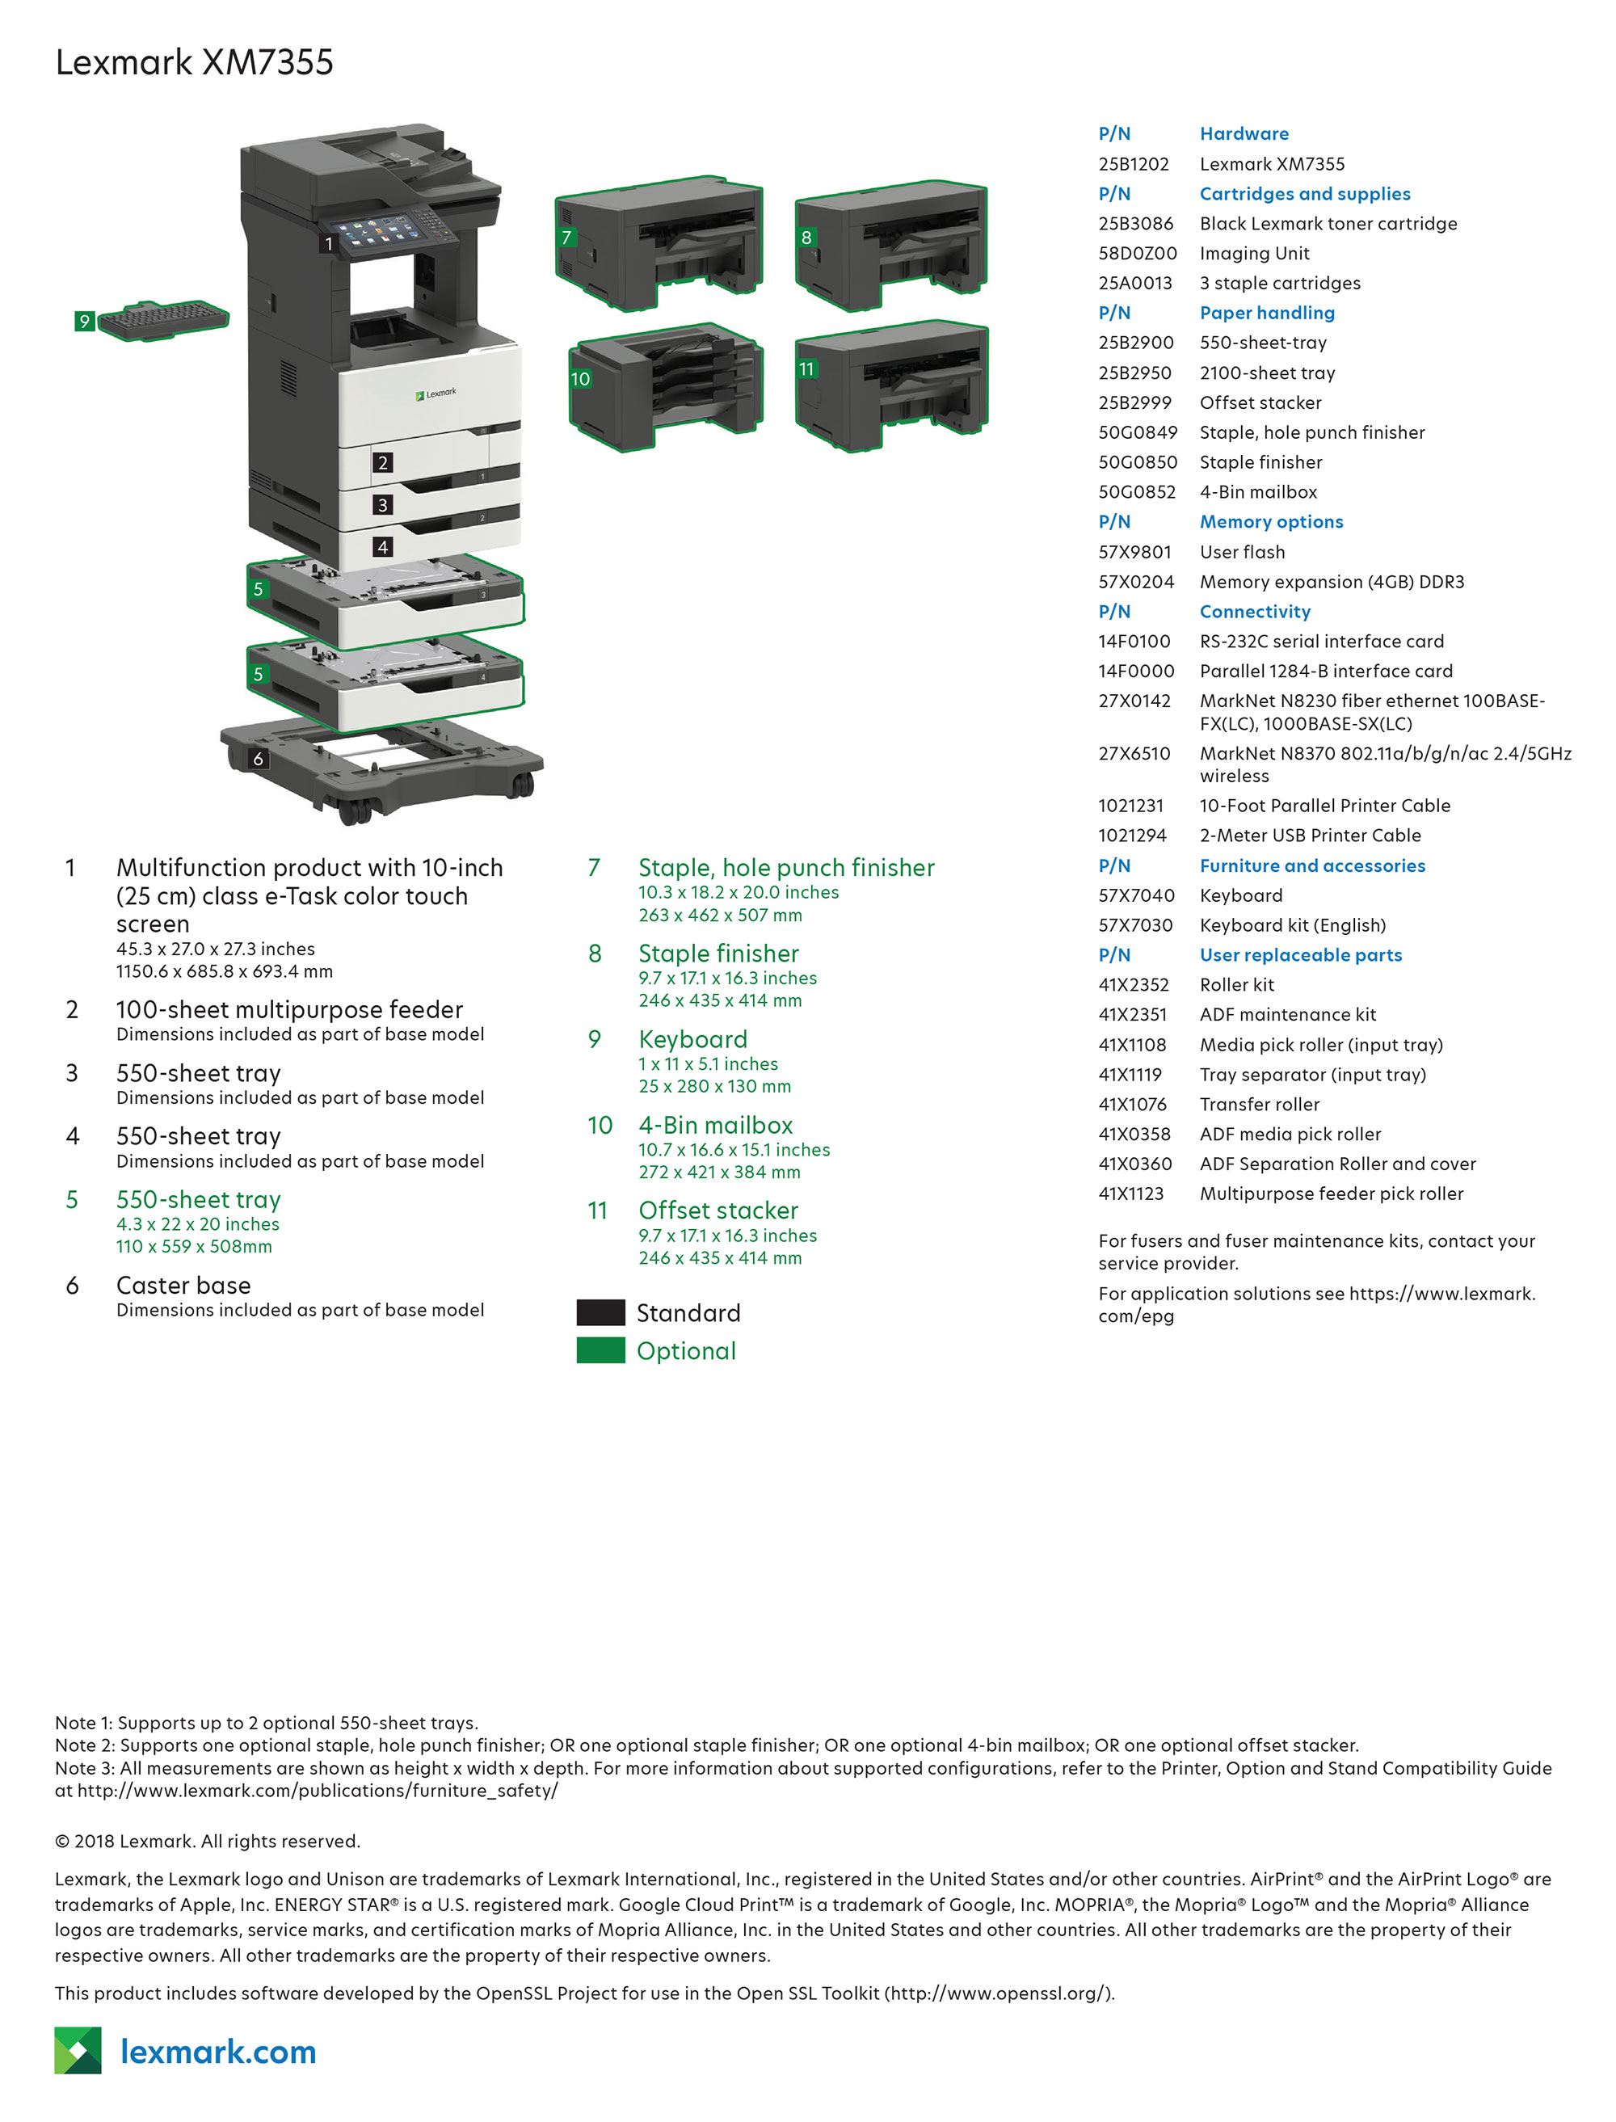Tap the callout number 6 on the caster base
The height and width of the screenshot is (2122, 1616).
click(258, 759)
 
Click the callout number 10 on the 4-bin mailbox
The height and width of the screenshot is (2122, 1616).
click(580, 379)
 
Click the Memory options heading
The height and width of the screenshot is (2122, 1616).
click(1271, 521)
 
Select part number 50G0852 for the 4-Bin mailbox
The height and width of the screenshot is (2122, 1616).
click(1137, 491)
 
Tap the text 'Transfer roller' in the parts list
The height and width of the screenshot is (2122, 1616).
click(1259, 1105)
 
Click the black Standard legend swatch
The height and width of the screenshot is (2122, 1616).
click(600, 1312)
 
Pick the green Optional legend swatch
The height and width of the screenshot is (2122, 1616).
click(600, 1350)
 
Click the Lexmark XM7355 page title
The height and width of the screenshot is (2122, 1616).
click(194, 62)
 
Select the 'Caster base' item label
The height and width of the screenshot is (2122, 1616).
click(183, 1285)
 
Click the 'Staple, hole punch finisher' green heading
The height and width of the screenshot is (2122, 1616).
click(786, 868)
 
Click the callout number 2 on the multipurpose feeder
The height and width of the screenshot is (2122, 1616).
click(383, 463)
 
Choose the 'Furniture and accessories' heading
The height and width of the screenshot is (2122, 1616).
click(1312, 865)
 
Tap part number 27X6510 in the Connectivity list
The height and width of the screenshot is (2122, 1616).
click(1134, 753)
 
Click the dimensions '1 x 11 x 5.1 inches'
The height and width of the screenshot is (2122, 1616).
click(708, 1064)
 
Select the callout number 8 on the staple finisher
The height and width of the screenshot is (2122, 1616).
click(806, 238)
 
